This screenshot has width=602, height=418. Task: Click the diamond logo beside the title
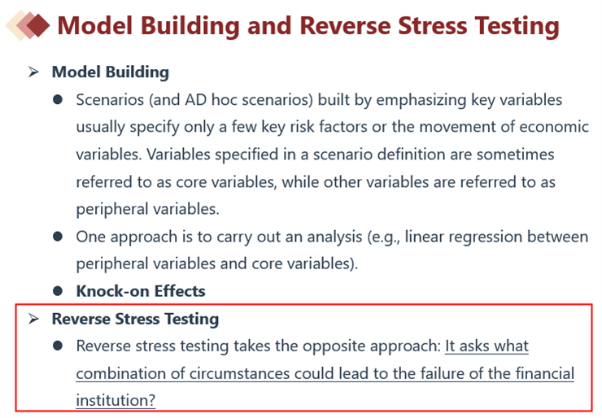tap(28, 25)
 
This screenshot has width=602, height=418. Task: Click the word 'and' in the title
tap(268, 26)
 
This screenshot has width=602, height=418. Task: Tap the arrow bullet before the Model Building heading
tap(33, 72)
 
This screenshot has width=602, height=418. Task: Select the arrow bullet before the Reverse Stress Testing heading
tap(33, 319)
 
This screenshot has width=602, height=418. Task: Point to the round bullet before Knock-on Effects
tap(58, 291)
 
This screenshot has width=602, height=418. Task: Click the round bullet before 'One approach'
tap(58, 237)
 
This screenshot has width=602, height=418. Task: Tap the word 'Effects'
tap(180, 291)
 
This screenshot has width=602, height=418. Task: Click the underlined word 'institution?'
tap(116, 401)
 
